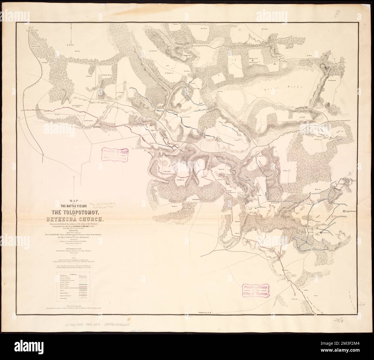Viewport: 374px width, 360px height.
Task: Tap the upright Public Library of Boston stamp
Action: [x=255, y=291]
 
